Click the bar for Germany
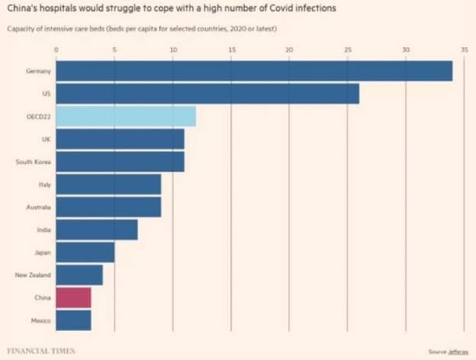254,71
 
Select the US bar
208,94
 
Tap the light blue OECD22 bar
126,116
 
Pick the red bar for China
73,298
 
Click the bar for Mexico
73,320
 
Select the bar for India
97,230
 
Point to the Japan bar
85,252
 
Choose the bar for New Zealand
79,275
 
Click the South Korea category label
34,162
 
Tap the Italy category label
44,184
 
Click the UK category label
46,139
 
